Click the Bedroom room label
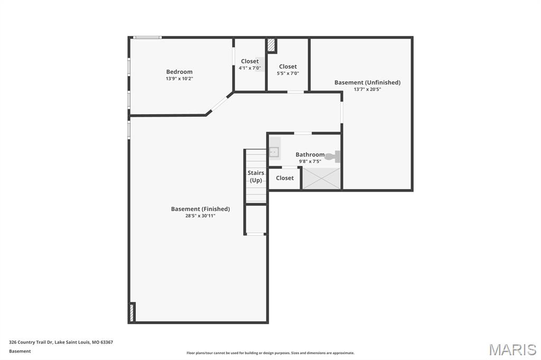pyautogui.click(x=180, y=72)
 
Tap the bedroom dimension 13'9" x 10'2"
pyautogui.click(x=180, y=79)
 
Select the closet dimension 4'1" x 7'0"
pyautogui.click(x=250, y=68)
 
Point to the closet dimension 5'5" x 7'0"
pyautogui.click(x=288, y=73)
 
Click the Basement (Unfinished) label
pyautogui.click(x=368, y=82)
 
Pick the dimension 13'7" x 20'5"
pyautogui.click(x=368, y=89)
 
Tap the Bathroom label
pyautogui.click(x=310, y=155)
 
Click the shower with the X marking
pyautogui.click(x=322, y=178)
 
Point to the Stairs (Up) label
pyautogui.click(x=256, y=176)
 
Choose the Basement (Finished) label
pyautogui.click(x=200, y=209)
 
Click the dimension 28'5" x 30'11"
pyautogui.click(x=200, y=216)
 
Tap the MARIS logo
pyautogui.click(x=512, y=349)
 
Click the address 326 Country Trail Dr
pyautogui.click(x=31, y=342)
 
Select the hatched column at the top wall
pyautogui.click(x=271, y=45)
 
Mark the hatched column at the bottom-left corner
pyautogui.click(x=132, y=312)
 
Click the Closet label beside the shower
pyautogui.click(x=285, y=178)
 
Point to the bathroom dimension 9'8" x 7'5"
pyautogui.click(x=310, y=162)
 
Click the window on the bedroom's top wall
pyautogui.click(x=147, y=37)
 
